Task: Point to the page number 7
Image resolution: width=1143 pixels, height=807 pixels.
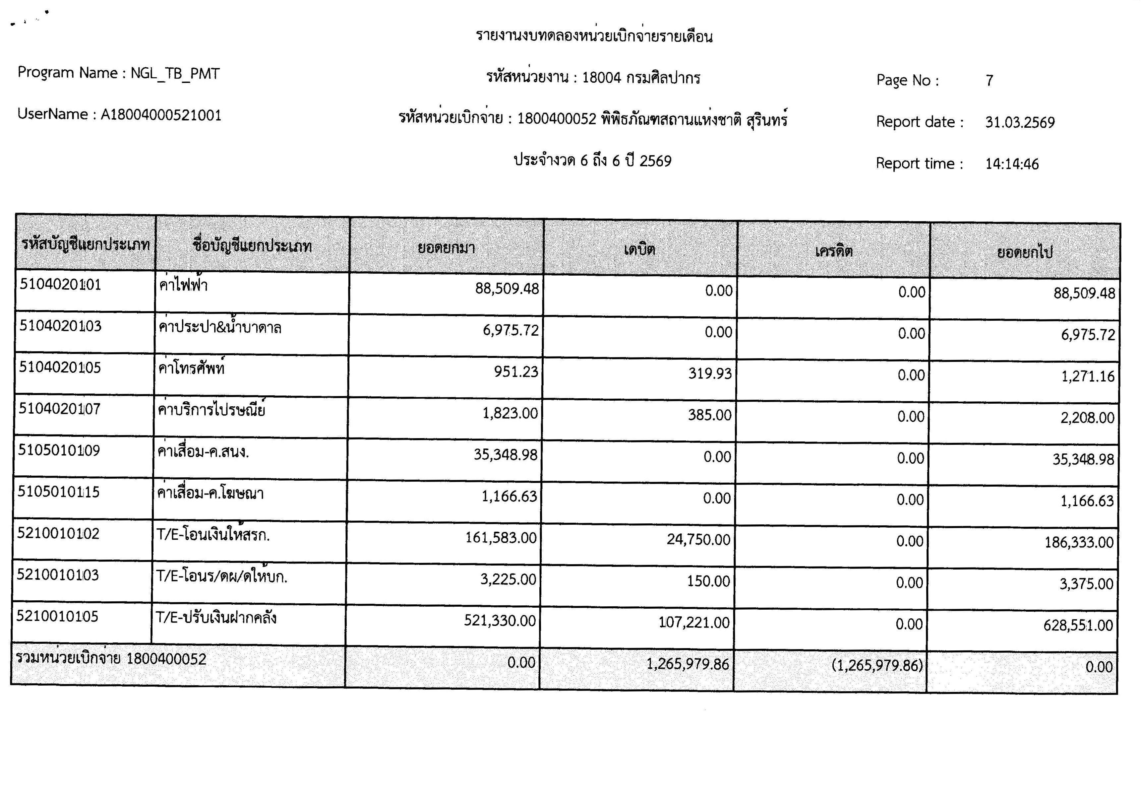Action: tap(989, 81)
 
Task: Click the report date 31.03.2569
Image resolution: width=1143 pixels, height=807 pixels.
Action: tap(1020, 122)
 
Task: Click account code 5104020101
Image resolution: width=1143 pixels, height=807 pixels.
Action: tap(60, 285)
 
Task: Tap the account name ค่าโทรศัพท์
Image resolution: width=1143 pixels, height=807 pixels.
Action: tap(191, 369)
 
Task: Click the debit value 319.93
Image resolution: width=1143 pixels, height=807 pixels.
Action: tap(710, 373)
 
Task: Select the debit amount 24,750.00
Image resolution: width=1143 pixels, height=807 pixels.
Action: tap(698, 540)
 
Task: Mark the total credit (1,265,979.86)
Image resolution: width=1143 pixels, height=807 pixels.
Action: tap(877, 665)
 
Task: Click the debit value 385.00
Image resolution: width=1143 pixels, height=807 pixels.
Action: tap(709, 415)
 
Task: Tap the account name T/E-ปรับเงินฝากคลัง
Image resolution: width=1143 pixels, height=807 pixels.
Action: tap(216, 618)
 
